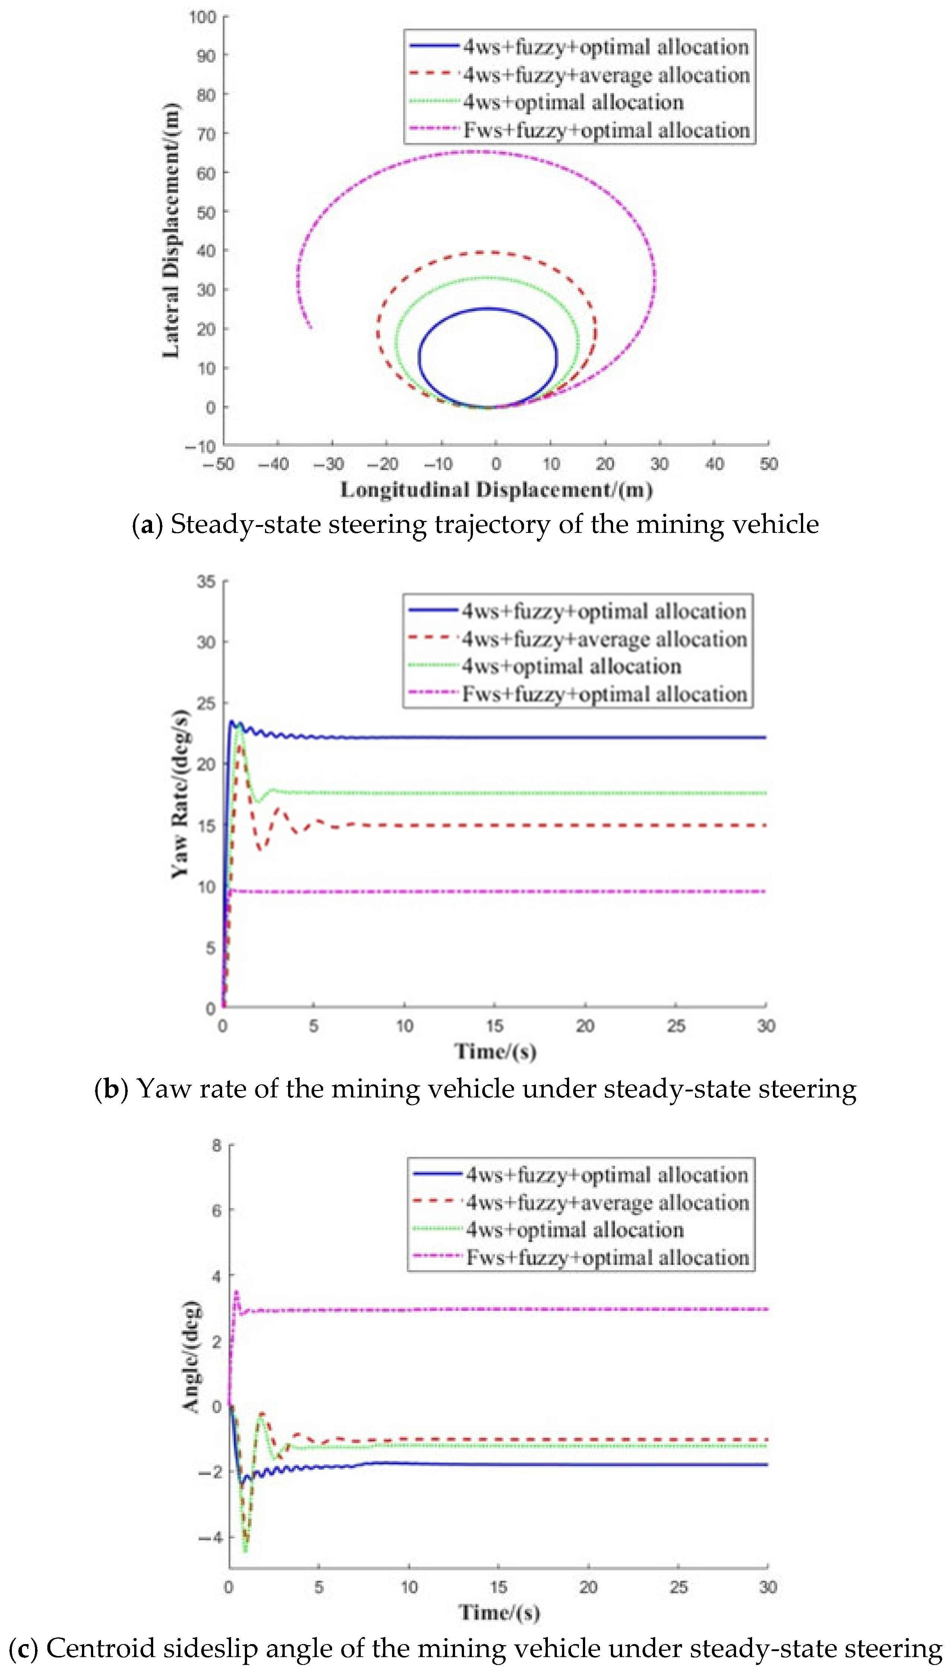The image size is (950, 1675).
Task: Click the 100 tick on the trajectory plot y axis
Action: (x=202, y=17)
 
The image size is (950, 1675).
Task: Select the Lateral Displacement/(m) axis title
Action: (x=171, y=230)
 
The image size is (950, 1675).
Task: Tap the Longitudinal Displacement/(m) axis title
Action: (x=496, y=490)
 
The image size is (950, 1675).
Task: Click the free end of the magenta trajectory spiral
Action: (x=310, y=328)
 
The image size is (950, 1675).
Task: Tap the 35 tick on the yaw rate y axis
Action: (x=206, y=581)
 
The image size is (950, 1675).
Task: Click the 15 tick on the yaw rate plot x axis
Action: (x=495, y=1026)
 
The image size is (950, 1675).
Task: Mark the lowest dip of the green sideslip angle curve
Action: (x=246, y=1551)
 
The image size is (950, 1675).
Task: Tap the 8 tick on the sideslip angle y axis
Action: (x=217, y=1145)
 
